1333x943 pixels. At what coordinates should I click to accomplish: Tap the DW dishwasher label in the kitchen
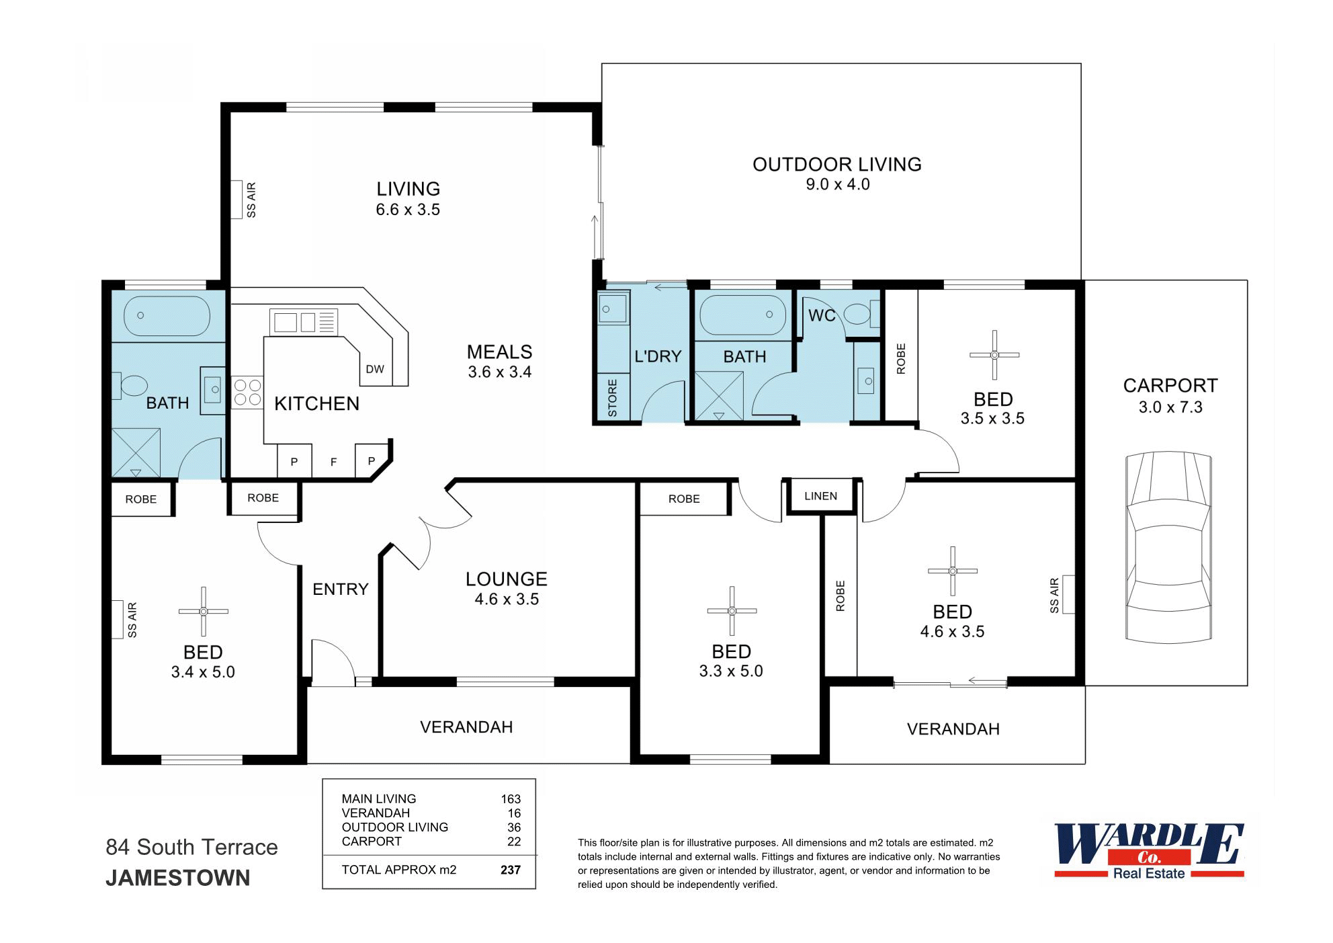[374, 369]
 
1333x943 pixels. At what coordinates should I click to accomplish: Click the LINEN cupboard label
[820, 496]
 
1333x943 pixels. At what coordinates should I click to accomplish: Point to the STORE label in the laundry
[612, 398]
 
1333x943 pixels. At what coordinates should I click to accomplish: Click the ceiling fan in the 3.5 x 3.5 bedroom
[994, 354]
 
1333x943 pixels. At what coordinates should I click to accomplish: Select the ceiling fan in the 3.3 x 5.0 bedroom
[732, 611]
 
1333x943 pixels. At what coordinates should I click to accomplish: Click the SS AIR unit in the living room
[236, 199]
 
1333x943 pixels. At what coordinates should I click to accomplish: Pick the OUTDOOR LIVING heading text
[836, 165]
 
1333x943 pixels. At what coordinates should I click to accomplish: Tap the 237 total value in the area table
[510, 870]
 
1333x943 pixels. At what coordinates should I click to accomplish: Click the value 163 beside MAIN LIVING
[510, 798]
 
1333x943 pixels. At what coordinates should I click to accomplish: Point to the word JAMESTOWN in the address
[178, 878]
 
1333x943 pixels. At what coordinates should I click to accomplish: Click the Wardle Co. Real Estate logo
[1149, 851]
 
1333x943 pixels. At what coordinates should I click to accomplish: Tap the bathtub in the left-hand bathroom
[167, 315]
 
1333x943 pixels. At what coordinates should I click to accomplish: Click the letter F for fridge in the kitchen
[333, 462]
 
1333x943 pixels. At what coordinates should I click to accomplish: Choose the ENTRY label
[340, 589]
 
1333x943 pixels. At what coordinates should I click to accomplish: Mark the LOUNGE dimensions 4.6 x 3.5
[507, 600]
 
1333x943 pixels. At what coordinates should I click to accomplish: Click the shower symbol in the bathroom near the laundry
[719, 395]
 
